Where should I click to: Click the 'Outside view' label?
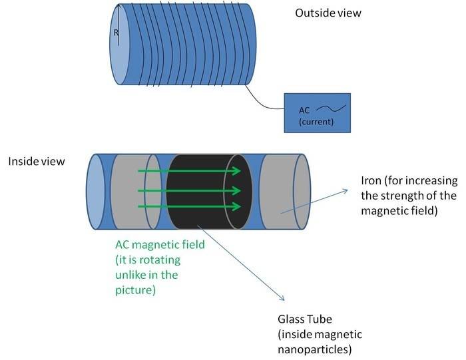(328, 12)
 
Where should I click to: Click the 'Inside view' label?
(36, 162)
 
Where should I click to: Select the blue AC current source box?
(317, 113)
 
